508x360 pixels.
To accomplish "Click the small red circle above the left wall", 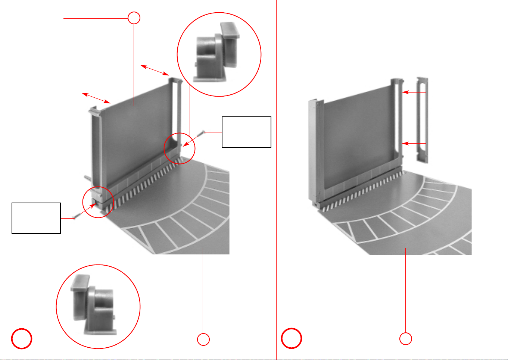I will [x=134, y=18].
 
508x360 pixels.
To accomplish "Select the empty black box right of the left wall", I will [x=246, y=132].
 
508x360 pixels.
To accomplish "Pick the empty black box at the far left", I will [x=36, y=218].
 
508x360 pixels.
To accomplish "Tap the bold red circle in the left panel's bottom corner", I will [x=22, y=338].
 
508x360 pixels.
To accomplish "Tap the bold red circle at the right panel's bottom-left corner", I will [x=292, y=338].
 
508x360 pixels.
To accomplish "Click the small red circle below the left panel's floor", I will [x=203, y=339].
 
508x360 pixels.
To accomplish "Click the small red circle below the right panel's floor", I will [x=406, y=339].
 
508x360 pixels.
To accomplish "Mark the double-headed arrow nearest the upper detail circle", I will [x=155, y=70].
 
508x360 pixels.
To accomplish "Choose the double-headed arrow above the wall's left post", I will [x=96, y=97].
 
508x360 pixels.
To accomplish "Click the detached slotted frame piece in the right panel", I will [x=422, y=120].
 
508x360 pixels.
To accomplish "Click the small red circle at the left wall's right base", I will [x=180, y=148].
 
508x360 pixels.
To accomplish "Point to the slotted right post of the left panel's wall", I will [x=177, y=116].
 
